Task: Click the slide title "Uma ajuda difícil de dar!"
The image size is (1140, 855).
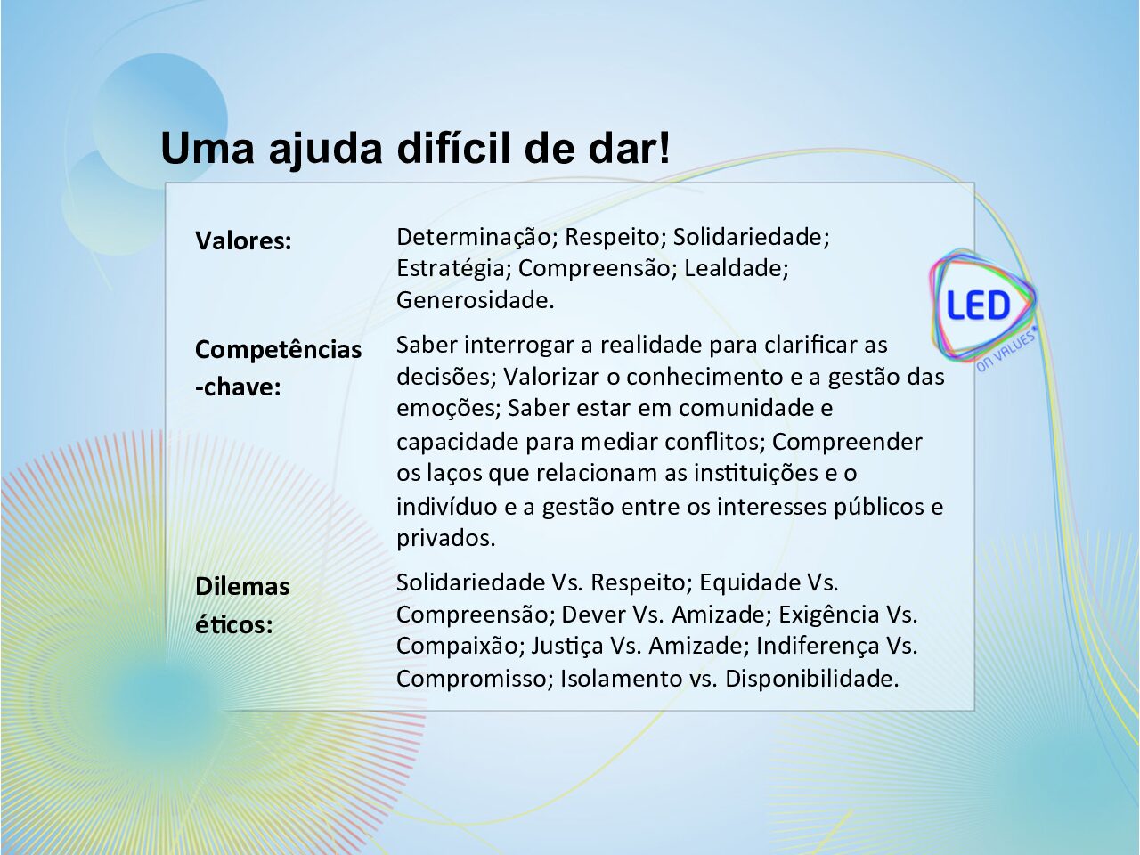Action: [x=416, y=149]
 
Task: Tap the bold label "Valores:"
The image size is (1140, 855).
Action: [x=243, y=240]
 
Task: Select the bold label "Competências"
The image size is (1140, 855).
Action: [x=279, y=349]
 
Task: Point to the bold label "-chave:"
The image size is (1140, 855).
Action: [x=238, y=387]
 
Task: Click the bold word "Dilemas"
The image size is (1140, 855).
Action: [x=242, y=587]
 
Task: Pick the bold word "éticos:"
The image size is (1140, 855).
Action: [x=233, y=624]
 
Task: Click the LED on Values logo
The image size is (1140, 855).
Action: [x=982, y=309]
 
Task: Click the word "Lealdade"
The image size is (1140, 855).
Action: [x=736, y=268]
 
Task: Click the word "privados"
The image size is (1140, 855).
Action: [x=445, y=539]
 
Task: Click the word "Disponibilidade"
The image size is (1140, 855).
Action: [x=811, y=679]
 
